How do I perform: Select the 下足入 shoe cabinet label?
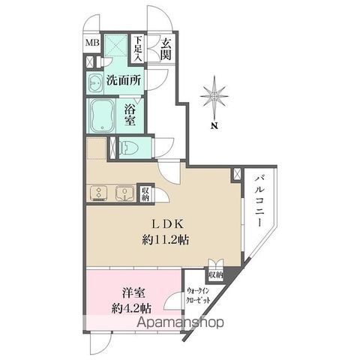(139, 49)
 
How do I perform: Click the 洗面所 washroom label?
(123, 81)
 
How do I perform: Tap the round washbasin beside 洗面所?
(95, 81)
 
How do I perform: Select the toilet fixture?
(128, 146)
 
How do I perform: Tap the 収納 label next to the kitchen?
(145, 194)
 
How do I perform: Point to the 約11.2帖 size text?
(165, 241)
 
